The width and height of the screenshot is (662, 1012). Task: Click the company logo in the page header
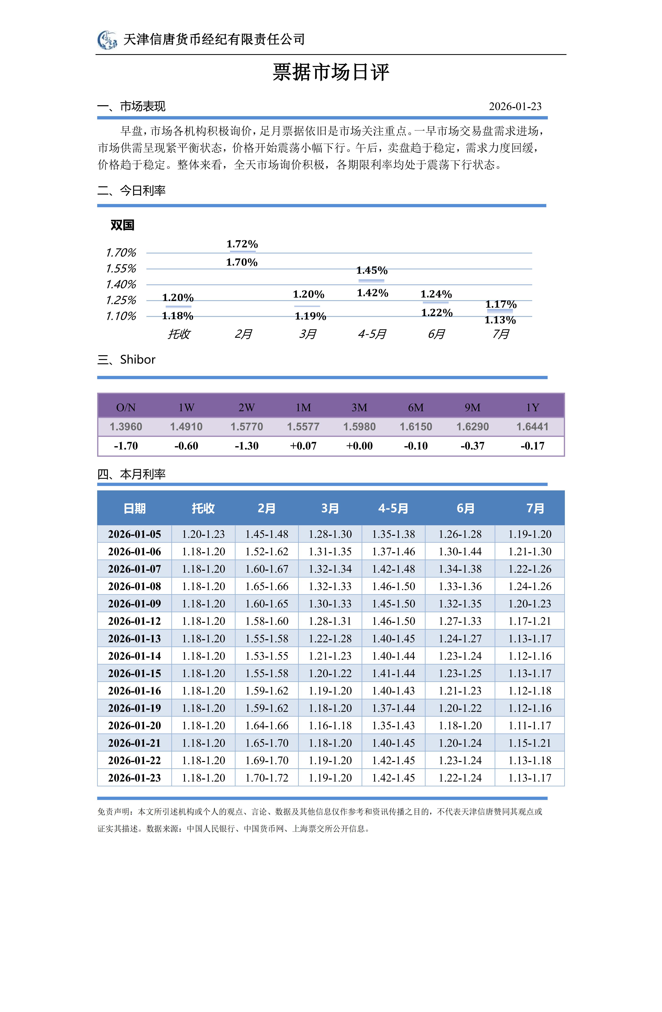(x=107, y=40)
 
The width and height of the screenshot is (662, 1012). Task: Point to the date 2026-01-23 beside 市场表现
(x=515, y=106)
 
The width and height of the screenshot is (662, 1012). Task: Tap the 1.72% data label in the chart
(x=242, y=244)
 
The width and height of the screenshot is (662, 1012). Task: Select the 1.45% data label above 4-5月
(x=372, y=270)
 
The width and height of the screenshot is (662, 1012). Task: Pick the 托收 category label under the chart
(x=179, y=334)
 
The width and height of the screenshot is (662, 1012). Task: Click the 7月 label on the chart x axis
(x=501, y=334)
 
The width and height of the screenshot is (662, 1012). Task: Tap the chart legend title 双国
(x=122, y=225)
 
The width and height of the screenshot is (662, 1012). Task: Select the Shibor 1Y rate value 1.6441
(x=532, y=427)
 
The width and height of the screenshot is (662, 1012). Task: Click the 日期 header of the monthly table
(x=134, y=508)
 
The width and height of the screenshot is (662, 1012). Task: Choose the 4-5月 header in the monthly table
(x=393, y=508)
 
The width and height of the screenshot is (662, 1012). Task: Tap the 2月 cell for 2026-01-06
(x=267, y=551)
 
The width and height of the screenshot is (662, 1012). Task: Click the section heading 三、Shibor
(x=126, y=360)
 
